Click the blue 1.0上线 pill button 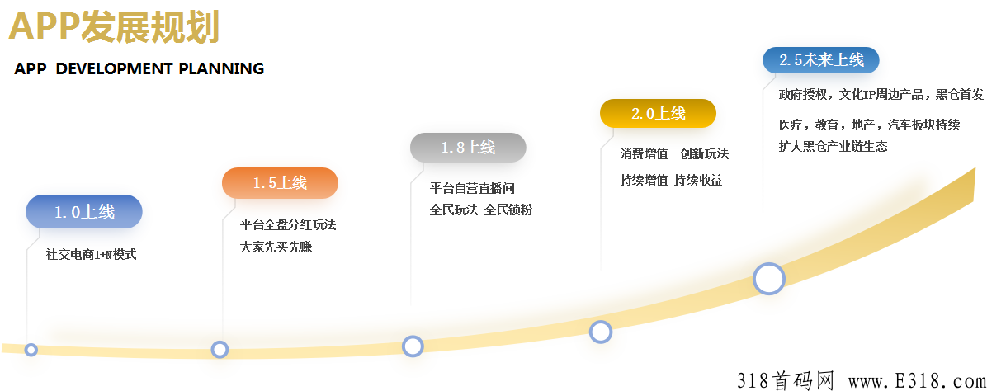coord(84,212)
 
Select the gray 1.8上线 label coord(468,148)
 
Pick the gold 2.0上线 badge coord(658,114)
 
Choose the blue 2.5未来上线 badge coord(820,60)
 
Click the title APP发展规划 coord(114,27)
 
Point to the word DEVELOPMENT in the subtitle coord(115,69)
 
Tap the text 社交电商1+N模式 coord(91,255)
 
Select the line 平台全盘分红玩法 coord(288,225)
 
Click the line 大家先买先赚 coord(276,247)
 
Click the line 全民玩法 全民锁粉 coord(480,210)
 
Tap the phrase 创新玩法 coord(705,154)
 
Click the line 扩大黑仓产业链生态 coord(833,147)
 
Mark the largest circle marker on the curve coord(769,279)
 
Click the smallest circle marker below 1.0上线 coord(31,350)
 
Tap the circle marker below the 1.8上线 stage coord(413,346)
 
